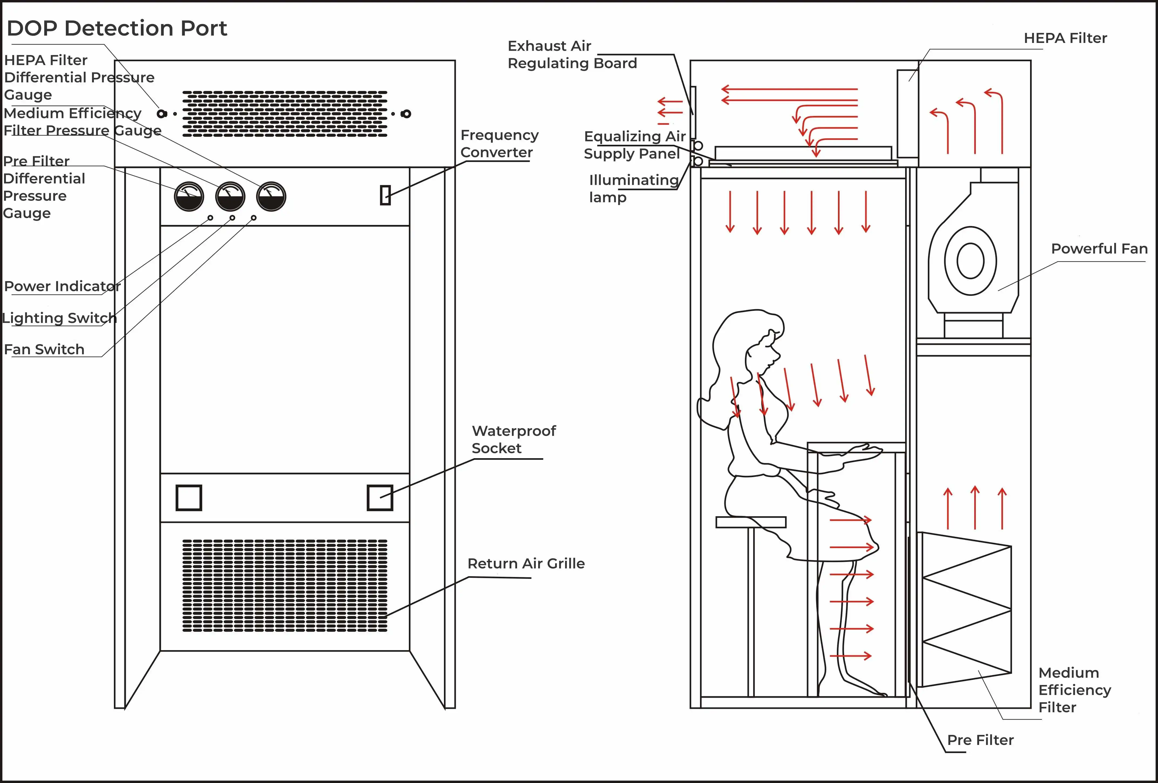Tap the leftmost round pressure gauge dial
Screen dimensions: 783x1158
189,196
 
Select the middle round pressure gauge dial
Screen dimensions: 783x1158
230,196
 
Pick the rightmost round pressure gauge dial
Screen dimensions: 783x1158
271,196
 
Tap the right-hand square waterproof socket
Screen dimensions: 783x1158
380,497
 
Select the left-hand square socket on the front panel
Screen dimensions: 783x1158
189,497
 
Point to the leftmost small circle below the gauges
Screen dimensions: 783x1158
210,218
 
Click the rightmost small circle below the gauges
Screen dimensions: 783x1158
254,218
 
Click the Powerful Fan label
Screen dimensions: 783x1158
1099,249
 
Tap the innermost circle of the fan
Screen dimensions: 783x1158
970,261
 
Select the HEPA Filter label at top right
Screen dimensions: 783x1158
1065,38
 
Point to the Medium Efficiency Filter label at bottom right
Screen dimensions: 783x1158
1074,690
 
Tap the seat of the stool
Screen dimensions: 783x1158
751,522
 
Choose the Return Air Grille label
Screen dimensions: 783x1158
526,564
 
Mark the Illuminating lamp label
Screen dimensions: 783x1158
633,188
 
